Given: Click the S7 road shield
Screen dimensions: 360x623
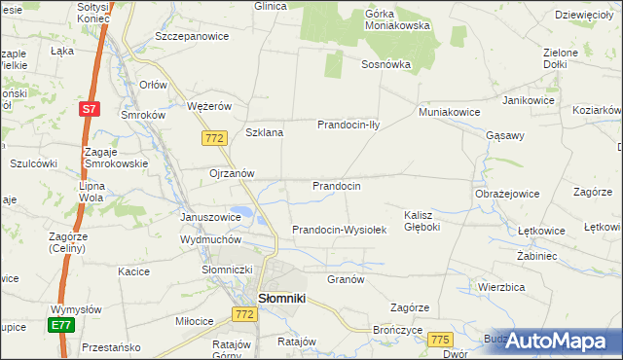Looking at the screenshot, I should pos(89,110).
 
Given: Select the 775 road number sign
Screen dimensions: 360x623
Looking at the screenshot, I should pos(440,339).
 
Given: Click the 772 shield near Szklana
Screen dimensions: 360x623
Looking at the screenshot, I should pos(215,139).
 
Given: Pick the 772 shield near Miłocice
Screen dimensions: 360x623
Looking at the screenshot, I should pos(243,314).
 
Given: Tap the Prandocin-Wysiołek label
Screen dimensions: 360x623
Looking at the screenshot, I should pos(340,231).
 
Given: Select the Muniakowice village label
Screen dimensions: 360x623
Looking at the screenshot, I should pos(450,112).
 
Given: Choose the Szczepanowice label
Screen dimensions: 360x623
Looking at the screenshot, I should pos(192,36).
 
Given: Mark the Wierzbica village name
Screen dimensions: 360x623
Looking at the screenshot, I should pos(501,287).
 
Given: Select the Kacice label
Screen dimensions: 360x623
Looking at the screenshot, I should pos(133,271).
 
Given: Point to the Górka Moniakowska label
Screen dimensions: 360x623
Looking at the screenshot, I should pos(397,20).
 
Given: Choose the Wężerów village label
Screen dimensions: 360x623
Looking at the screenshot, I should pos(208,106).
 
